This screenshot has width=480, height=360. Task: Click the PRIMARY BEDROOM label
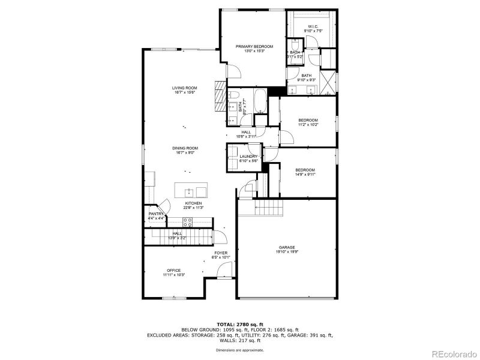(254, 47)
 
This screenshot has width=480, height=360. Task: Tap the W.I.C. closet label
(313, 26)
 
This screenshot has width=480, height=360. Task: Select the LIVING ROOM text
(185, 88)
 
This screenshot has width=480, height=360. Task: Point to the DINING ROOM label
(185, 148)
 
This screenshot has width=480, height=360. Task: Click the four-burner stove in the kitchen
(188, 221)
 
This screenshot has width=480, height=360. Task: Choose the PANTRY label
(156, 214)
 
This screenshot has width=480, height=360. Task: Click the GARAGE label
(286, 247)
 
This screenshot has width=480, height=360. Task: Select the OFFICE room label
(173, 270)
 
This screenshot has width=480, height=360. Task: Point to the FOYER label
(221, 253)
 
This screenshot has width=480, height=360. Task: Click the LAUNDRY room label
(248, 157)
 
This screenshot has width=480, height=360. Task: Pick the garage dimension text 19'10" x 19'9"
(286, 252)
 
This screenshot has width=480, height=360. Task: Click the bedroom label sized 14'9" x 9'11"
(305, 170)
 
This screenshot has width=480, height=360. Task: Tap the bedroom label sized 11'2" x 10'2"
(308, 121)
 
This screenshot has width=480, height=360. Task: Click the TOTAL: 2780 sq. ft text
(240, 324)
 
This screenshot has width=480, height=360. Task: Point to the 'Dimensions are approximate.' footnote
(240, 349)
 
